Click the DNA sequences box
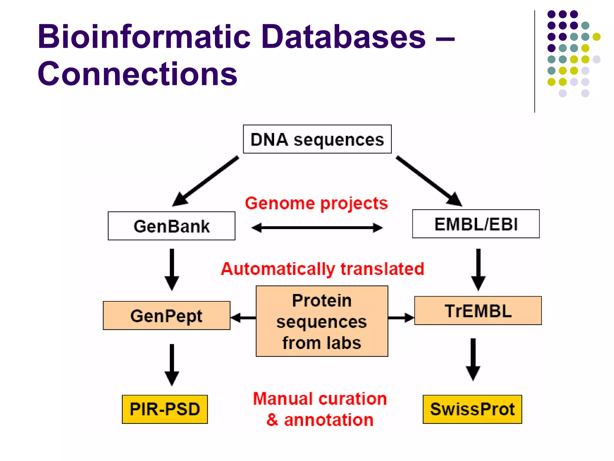coord(317,139)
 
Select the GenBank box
coord(171,226)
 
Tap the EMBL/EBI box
coord(476,224)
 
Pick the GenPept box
coord(166,316)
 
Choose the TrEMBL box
coord(478,311)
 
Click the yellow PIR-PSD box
coord(165,409)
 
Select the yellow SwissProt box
coord(472,409)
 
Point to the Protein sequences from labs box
coord(322,321)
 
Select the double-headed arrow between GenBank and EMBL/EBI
coord(317,228)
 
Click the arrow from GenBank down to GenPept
coord(172,269)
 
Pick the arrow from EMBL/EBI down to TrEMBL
coord(478,269)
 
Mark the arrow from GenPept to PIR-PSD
coord(172,364)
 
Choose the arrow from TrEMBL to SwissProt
coord(473,359)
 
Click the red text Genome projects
coord(316,203)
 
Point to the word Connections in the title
coord(137,74)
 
